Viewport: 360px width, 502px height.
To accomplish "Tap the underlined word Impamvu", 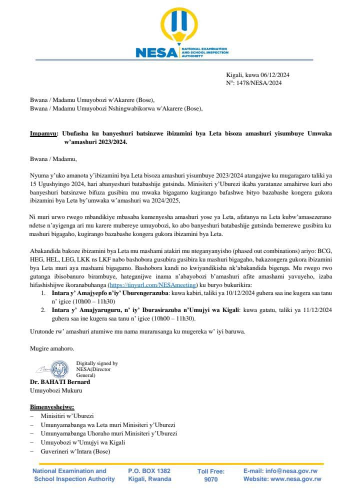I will (42, 134).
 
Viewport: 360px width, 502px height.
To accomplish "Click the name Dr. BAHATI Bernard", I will (60, 382).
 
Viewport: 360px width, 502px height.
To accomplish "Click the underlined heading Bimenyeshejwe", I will (52, 407).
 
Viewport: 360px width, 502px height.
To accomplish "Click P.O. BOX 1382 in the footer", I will (149, 471).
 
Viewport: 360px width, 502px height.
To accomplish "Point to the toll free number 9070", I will (211, 479).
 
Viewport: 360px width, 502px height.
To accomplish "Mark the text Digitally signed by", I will (97, 363).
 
